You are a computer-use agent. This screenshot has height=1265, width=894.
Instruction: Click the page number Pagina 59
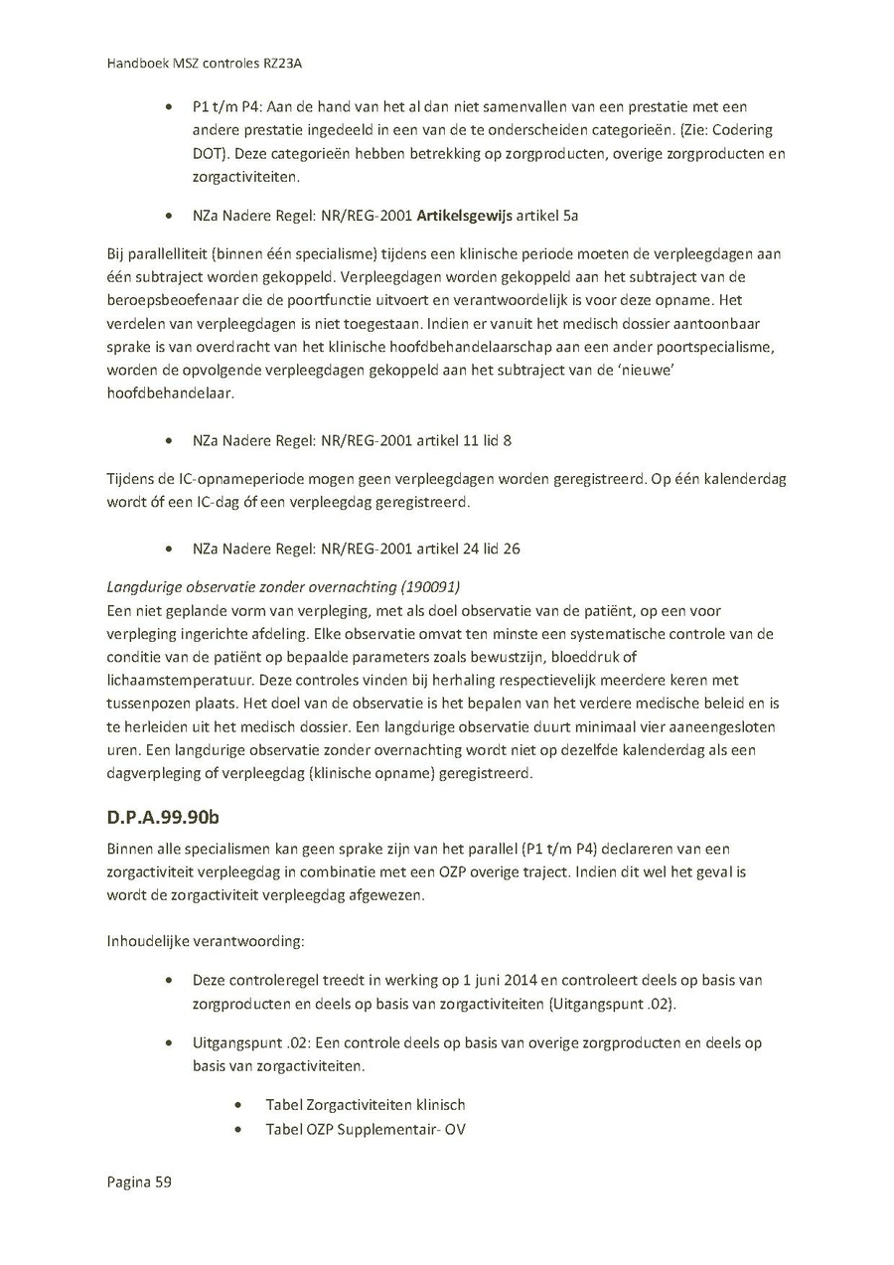139,1183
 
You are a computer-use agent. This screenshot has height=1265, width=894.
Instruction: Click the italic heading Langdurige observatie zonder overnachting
263,587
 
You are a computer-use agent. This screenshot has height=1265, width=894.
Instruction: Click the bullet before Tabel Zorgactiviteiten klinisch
238,1105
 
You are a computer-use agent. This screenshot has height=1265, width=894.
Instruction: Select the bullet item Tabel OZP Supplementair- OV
366,1130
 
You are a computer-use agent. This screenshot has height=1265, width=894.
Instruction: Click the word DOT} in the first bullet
210,154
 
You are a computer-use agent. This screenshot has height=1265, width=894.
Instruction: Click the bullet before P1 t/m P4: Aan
173,106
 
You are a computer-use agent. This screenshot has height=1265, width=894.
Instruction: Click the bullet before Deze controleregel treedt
173,980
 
